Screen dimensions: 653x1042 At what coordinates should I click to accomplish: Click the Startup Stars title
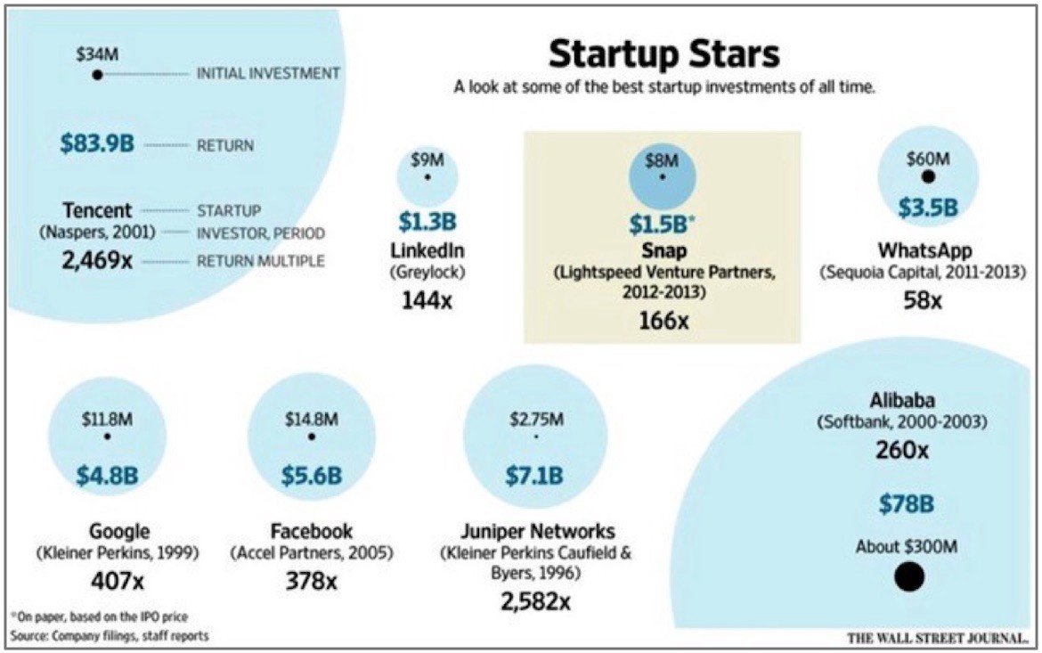tap(663, 54)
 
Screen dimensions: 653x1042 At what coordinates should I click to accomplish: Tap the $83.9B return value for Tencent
tap(97, 143)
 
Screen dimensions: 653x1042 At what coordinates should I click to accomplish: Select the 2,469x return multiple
tap(97, 261)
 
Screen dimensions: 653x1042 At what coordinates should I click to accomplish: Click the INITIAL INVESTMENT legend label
tap(268, 74)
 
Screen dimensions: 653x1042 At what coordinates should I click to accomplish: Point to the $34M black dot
tap(97, 75)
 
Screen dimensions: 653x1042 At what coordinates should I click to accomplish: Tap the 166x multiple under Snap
tap(663, 319)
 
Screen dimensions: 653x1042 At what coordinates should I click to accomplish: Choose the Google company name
tap(118, 532)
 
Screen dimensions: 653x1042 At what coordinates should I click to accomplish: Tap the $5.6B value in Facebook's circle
tap(311, 475)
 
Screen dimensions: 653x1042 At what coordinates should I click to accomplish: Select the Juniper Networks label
tap(535, 532)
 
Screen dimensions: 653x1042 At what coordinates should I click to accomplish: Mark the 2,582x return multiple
tap(535, 602)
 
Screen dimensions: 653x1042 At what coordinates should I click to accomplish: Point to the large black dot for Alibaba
tap(908, 576)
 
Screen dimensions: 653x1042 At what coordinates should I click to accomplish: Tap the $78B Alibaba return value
tap(907, 504)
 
